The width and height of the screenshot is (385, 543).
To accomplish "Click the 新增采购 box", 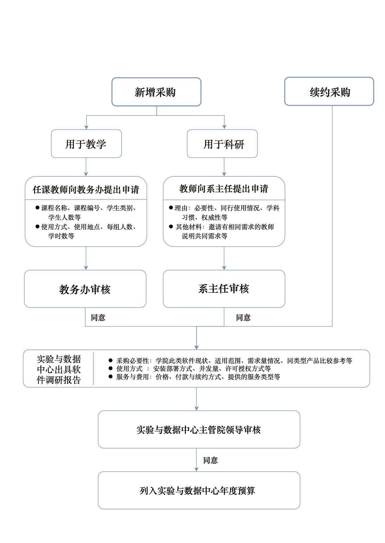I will tap(156, 92).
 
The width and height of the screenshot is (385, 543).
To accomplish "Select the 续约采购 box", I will tap(329, 92).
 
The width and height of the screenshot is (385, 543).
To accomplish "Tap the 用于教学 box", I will tap(86, 144).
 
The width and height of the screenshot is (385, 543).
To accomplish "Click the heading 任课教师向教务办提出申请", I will tap(86, 189).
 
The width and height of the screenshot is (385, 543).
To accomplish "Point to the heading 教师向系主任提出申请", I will tap(224, 188).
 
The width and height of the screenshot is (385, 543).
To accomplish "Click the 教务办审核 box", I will tap(85, 289).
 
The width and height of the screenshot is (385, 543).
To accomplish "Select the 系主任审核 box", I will tap(224, 289).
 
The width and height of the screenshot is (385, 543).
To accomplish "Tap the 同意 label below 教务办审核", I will tap(98, 318).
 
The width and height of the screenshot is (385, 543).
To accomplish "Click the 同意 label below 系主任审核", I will tap(243, 318).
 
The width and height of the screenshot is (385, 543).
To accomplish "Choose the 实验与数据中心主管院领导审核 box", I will tap(199, 429).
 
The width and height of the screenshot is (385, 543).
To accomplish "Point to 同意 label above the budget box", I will tap(210, 460).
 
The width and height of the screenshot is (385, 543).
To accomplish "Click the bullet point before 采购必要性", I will tap(110, 360).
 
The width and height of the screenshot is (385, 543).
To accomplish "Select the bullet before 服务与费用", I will tap(110, 376).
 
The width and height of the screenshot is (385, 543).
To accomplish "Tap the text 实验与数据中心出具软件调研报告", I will tap(59, 369).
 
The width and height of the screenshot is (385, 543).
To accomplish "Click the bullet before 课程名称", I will tap(38, 207).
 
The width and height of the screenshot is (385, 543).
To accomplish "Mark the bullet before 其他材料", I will tap(171, 226).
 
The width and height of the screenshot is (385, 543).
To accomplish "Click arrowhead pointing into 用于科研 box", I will tap(224, 127).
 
